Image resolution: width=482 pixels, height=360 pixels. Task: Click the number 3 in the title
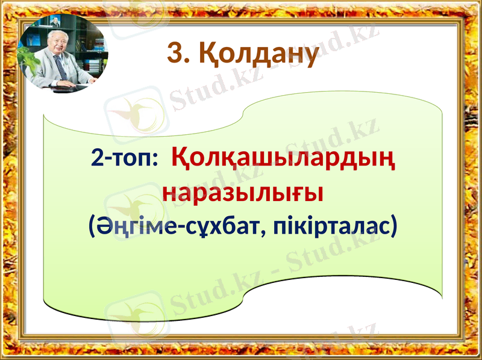point(174,55)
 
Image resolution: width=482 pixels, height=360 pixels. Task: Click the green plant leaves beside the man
point(27,57)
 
